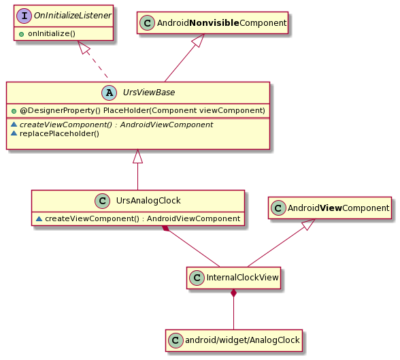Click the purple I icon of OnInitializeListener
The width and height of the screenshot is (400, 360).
24,16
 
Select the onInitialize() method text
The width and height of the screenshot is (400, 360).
52,33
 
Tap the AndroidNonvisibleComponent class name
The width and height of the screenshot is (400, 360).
222,23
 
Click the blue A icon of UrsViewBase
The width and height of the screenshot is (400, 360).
109,93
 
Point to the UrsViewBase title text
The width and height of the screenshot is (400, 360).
149,93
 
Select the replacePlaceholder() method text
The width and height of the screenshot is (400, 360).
59,133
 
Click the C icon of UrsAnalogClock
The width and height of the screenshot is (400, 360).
102,201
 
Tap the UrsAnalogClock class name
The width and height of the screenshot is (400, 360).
148,201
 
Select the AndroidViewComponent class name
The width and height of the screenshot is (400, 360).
338,208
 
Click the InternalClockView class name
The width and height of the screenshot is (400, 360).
242,278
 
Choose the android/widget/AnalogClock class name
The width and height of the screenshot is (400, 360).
242,340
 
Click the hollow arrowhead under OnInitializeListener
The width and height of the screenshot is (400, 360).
84,47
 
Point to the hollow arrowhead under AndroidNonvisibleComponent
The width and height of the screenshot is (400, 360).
199,40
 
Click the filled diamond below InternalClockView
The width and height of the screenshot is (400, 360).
233,293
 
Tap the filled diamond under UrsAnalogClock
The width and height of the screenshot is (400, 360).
166,228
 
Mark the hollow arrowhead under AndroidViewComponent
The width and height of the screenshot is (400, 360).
308,224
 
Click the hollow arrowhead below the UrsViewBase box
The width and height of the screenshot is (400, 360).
137,156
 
